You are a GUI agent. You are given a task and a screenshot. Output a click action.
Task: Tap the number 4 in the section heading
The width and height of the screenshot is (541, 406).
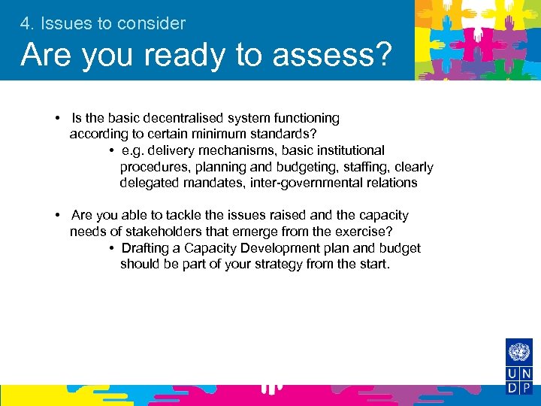click(26, 23)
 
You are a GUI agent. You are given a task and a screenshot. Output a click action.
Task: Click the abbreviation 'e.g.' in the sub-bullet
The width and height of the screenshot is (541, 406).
click(132, 150)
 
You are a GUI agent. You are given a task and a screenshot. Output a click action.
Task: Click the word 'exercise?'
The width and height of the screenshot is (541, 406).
click(364, 232)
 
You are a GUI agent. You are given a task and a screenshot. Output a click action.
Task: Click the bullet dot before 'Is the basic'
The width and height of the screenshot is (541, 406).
click(58, 119)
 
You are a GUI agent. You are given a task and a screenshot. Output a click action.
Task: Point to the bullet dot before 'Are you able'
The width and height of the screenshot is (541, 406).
click(58, 216)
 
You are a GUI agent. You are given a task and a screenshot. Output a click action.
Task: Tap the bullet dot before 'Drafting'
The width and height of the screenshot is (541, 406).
click(111, 249)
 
